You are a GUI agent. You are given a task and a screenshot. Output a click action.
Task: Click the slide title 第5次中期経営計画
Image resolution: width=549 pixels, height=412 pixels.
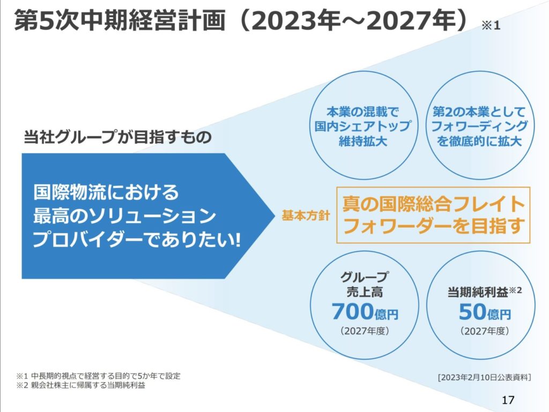click(x=120, y=20)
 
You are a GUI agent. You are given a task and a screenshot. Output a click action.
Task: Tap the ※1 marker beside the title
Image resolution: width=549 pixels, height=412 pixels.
click(x=491, y=26)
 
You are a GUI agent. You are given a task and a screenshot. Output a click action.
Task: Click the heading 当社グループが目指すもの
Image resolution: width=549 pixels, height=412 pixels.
click(x=117, y=137)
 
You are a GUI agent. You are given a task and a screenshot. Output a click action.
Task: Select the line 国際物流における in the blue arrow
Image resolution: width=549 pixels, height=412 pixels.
click(x=106, y=192)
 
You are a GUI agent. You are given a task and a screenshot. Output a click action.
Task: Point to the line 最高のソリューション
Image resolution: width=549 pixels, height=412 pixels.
click(x=124, y=216)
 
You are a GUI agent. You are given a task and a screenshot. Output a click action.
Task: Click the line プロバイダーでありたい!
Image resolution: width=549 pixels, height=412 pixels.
click(x=137, y=240)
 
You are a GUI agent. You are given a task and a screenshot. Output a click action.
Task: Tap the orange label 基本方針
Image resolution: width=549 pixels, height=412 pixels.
click(x=306, y=216)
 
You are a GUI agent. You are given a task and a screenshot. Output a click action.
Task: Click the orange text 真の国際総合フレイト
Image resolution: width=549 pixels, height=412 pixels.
click(x=433, y=204)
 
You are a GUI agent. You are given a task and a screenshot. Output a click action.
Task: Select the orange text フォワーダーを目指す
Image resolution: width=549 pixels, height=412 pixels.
click(x=433, y=226)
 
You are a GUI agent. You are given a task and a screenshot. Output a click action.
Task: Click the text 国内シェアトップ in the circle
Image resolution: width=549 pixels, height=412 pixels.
click(x=363, y=126)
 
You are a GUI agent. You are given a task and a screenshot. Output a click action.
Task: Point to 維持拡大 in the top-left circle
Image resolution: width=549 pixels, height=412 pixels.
click(x=363, y=141)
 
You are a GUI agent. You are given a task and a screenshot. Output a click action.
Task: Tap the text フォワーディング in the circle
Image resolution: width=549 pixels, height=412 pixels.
click(x=479, y=126)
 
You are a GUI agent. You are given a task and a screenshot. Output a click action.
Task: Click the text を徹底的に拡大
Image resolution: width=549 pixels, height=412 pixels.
click(x=479, y=141)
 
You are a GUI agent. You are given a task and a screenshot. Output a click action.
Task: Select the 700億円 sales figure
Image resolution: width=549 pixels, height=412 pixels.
click(x=365, y=312)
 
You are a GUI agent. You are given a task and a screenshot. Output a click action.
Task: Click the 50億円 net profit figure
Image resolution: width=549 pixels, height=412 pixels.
click(x=485, y=312)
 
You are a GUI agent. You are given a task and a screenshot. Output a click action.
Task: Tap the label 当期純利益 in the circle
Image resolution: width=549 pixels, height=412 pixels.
click(x=478, y=292)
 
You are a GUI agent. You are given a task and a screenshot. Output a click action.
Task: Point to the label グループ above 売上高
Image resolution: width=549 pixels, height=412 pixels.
click(x=365, y=276)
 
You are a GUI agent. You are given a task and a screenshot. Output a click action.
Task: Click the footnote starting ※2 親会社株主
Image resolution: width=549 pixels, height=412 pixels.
click(x=80, y=385)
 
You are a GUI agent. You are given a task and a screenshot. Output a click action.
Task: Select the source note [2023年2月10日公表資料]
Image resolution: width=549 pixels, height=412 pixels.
click(x=484, y=377)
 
